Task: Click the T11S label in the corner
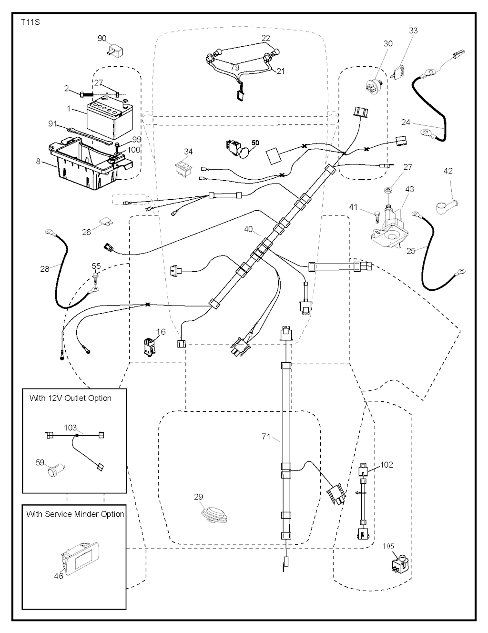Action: tap(30, 22)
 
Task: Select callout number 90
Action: tap(102, 39)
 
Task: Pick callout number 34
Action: tap(188, 152)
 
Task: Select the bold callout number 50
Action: tap(255, 143)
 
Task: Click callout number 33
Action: tap(413, 31)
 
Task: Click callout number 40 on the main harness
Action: tap(248, 229)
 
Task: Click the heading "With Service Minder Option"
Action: tap(75, 514)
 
